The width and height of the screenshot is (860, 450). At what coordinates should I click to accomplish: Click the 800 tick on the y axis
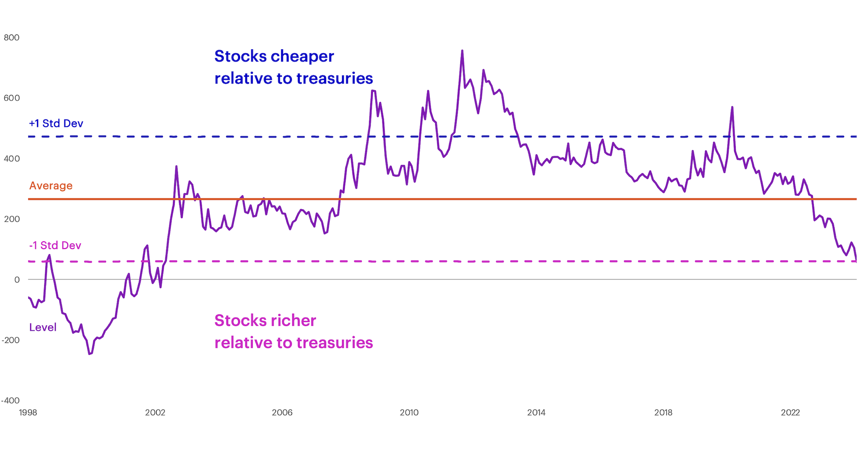(12, 38)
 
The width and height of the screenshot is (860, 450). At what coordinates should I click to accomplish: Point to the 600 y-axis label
(12, 98)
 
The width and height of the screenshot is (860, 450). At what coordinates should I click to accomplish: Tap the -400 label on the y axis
(10, 401)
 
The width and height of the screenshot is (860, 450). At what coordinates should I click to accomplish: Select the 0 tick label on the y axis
(17, 280)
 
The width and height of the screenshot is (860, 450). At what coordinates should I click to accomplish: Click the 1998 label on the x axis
(28, 413)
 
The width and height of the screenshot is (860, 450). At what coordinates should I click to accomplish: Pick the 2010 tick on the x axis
(409, 413)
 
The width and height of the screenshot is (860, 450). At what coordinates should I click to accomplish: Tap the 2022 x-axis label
(790, 413)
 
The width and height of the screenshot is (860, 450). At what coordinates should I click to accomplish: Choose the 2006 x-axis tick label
(282, 413)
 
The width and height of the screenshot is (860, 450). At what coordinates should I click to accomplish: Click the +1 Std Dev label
(56, 124)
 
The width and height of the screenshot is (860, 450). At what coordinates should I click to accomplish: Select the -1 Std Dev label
(55, 245)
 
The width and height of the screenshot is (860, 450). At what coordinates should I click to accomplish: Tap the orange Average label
(51, 186)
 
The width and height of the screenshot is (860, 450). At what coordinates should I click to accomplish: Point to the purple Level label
(43, 328)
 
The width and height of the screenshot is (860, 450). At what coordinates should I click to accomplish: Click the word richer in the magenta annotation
(293, 320)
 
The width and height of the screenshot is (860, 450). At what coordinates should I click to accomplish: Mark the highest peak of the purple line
(462, 51)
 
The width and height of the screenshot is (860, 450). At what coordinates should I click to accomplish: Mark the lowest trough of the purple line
(90, 353)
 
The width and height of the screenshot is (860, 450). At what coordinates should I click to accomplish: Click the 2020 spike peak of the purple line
(732, 107)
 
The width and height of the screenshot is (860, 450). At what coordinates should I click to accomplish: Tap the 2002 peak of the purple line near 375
(176, 167)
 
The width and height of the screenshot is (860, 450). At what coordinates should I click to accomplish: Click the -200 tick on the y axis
(10, 340)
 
